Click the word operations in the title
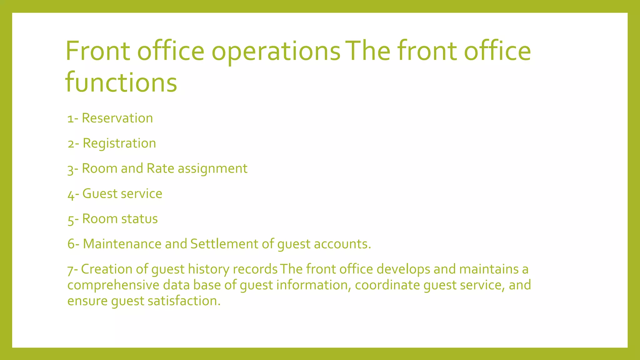tap(276, 52)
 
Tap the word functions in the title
tap(121, 82)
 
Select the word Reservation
tap(117, 118)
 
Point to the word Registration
tap(119, 143)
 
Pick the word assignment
tap(212, 169)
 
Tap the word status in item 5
tap(139, 219)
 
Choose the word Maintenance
tap(122, 244)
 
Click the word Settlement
tap(224, 244)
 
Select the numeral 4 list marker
tap(71, 195)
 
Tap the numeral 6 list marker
tap(71, 244)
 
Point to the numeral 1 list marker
tap(71, 119)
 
